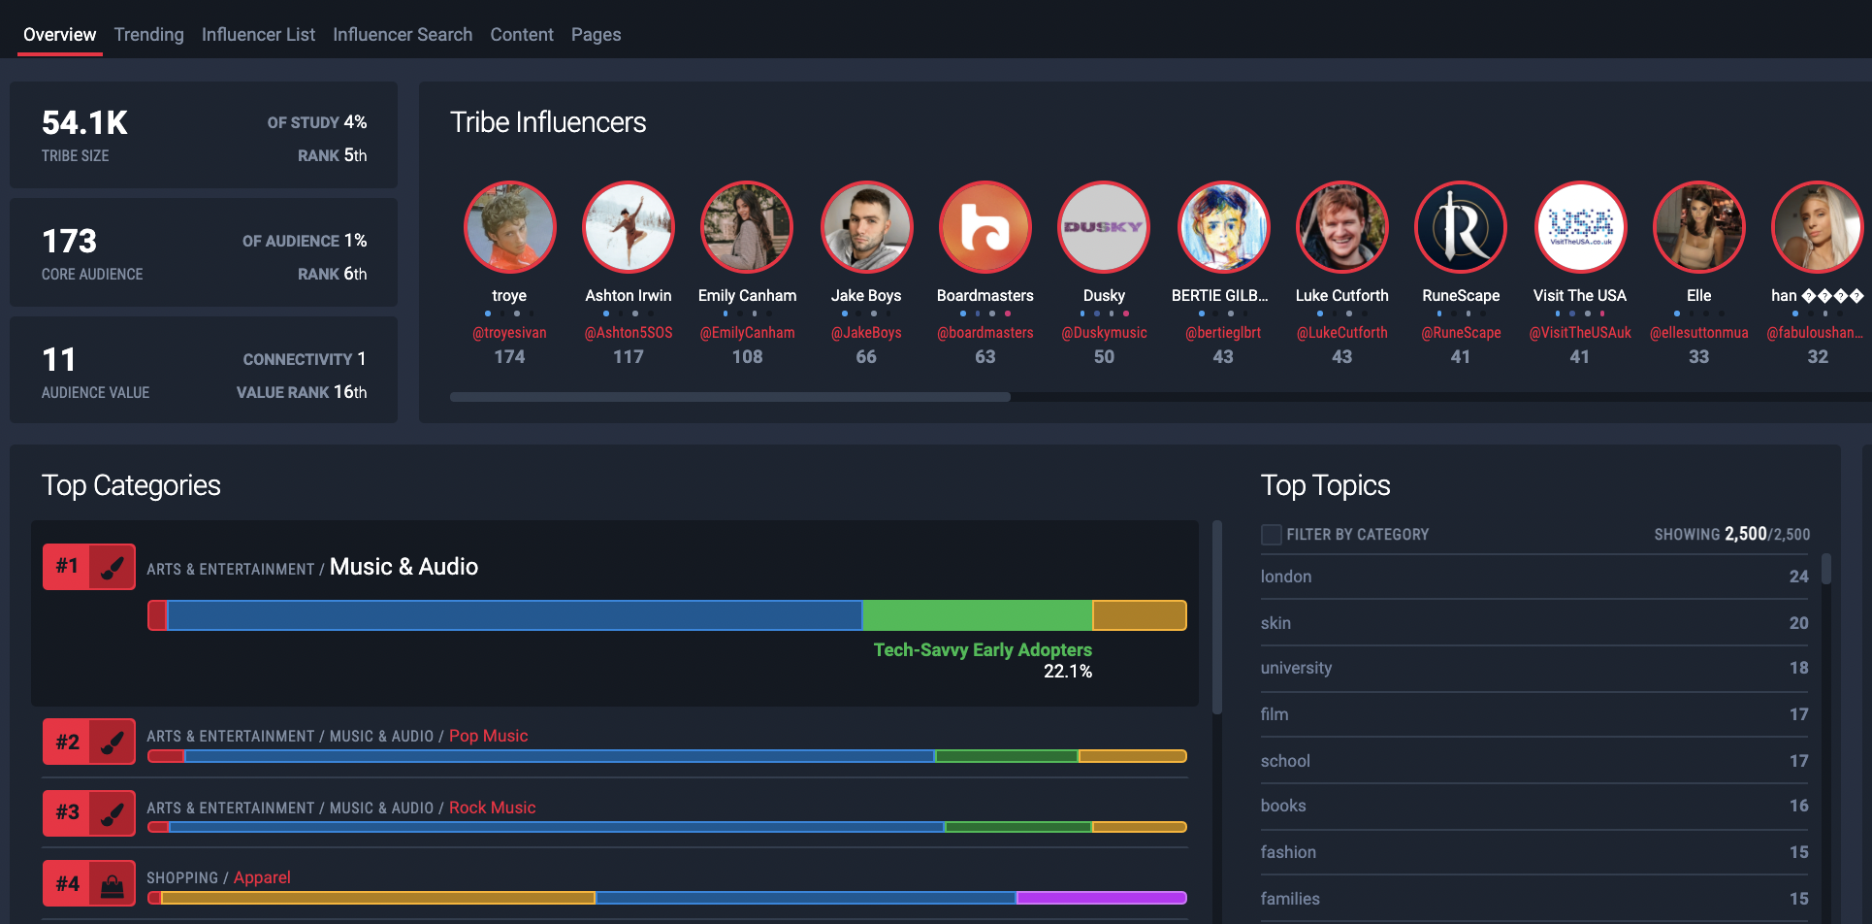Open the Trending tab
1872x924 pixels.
click(148, 35)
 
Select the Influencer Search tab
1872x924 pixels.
click(403, 35)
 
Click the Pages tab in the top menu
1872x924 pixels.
click(596, 35)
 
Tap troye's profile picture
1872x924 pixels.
click(509, 227)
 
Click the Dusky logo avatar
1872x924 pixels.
click(1104, 227)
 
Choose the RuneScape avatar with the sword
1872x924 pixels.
click(1461, 227)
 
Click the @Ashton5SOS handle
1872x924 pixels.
click(629, 333)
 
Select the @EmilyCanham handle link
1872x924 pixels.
click(747, 333)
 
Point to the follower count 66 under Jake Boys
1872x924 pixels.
click(866, 357)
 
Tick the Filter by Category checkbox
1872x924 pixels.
click(1271, 535)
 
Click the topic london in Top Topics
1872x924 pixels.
click(1286, 577)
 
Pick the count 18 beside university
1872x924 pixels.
click(1799, 668)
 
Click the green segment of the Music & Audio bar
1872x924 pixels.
click(977, 615)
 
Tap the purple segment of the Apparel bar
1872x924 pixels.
click(1102, 898)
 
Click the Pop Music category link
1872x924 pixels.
click(489, 736)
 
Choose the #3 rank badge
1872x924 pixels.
click(67, 812)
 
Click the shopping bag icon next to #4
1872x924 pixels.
click(113, 885)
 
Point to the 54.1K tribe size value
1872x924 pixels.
click(85, 123)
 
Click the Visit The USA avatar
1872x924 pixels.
click(1580, 227)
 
